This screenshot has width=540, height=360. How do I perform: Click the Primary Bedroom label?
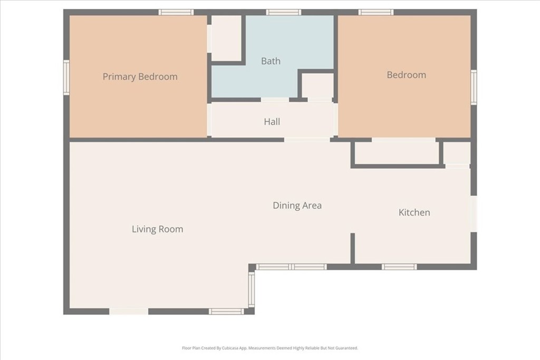140,76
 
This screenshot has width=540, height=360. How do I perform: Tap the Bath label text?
271,61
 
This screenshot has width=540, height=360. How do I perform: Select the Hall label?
272,121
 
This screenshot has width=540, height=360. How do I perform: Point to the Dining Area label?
297,206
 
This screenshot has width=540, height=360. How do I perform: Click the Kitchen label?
414,212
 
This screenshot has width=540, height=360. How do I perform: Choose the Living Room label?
157,229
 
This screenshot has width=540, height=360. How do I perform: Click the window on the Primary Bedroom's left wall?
66,77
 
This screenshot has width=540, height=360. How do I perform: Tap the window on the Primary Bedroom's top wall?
176,13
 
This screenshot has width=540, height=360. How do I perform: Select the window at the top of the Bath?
283,13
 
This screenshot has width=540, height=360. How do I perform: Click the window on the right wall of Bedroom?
474,87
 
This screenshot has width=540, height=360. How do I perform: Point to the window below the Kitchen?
399,267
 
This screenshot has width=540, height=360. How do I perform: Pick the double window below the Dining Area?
291,267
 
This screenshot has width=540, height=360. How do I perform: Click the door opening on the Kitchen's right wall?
474,213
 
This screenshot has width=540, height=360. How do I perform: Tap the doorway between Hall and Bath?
275,100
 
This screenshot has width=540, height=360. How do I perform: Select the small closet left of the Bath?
226,38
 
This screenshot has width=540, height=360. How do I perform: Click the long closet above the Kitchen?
397,153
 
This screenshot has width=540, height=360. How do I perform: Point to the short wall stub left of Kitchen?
353,248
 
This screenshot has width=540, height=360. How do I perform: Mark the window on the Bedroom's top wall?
375,13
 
